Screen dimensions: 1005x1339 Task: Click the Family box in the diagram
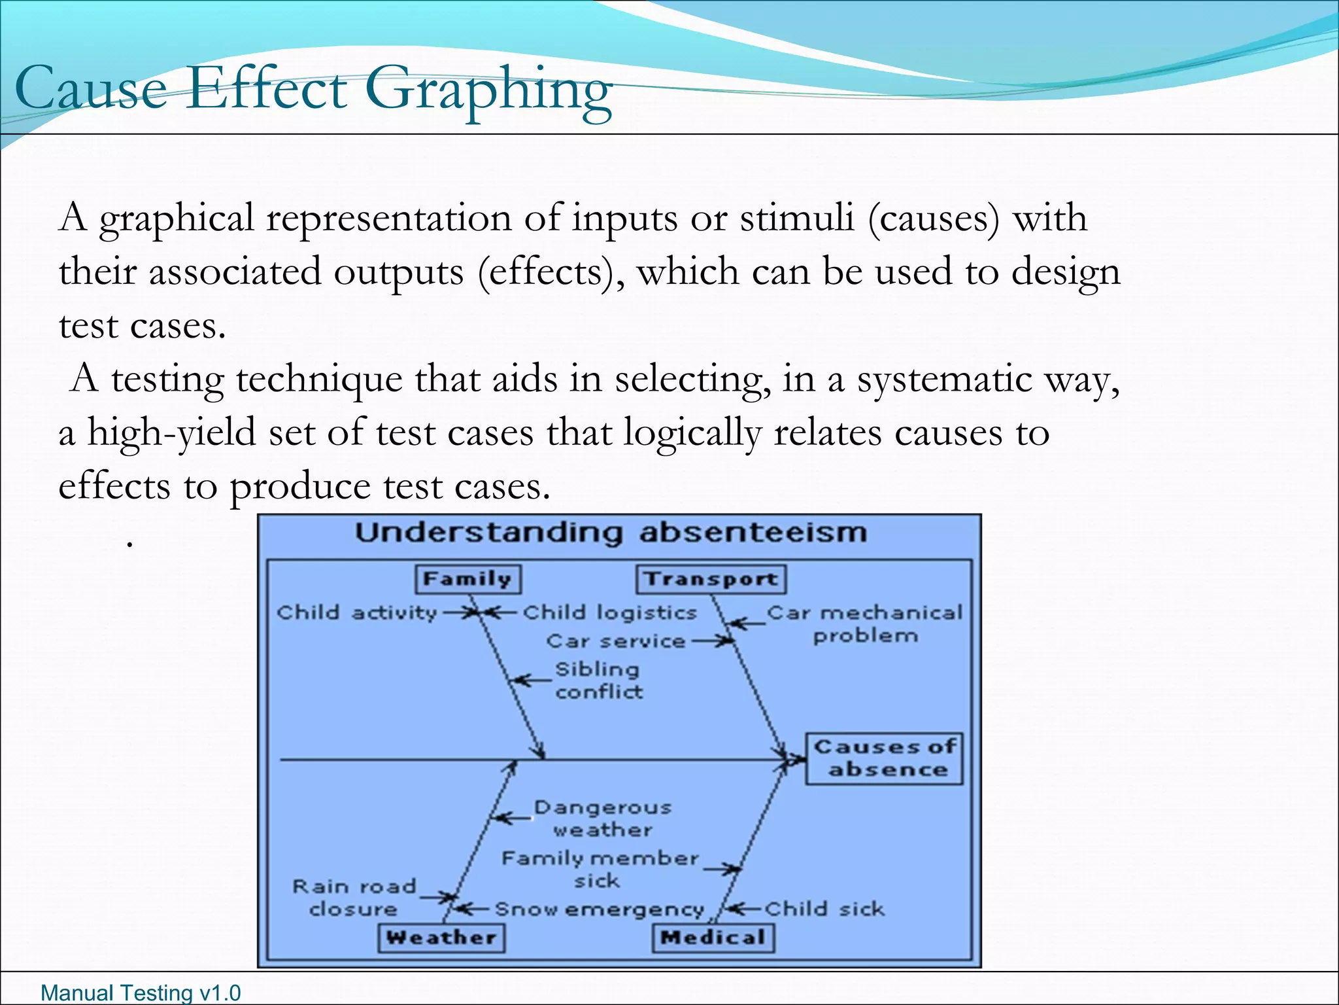pos(468,579)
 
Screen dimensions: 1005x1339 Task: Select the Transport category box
pos(711,579)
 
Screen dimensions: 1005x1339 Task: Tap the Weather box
pos(441,937)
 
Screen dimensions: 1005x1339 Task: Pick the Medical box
pos(713,937)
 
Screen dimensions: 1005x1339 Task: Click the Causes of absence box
pos(884,758)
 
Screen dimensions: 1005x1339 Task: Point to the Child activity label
pos(356,612)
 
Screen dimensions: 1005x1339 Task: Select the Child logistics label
pos(609,612)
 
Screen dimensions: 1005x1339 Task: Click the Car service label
pos(615,641)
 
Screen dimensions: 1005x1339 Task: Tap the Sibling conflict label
pos(598,680)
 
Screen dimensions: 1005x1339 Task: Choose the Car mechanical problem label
pos(864,624)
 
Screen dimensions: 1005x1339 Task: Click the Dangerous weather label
pos(602,819)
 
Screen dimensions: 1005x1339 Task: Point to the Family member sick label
pos(600,869)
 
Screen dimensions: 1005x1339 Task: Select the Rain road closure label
pos(354,898)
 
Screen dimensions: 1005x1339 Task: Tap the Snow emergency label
pos(599,909)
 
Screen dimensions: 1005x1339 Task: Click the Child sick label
pos(824,909)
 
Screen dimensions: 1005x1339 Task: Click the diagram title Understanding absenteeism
pos(611,533)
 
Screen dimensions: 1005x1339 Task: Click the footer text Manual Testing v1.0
pos(141,993)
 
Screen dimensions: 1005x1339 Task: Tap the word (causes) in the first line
pos(934,218)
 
